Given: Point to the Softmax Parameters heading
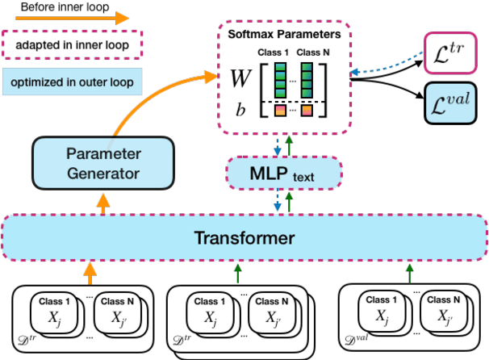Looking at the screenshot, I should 283,35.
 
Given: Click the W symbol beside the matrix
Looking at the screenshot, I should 240,78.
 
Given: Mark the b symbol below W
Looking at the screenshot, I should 240,107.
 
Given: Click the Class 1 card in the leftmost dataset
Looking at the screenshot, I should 57,311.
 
